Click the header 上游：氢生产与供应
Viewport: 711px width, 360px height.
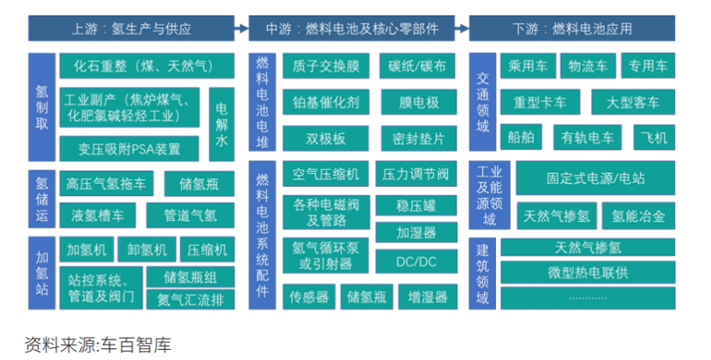(x=132, y=28)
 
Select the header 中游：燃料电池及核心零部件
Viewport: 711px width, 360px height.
(x=355, y=28)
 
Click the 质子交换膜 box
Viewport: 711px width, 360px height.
(x=326, y=66)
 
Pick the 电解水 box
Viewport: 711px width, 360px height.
(x=221, y=123)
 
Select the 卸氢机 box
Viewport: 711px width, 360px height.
(x=146, y=249)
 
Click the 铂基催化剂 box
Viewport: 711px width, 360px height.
(x=326, y=103)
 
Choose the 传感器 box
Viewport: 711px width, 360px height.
(x=309, y=297)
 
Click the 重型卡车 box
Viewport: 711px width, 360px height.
(x=540, y=102)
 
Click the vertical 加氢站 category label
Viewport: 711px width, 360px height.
(x=42, y=273)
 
